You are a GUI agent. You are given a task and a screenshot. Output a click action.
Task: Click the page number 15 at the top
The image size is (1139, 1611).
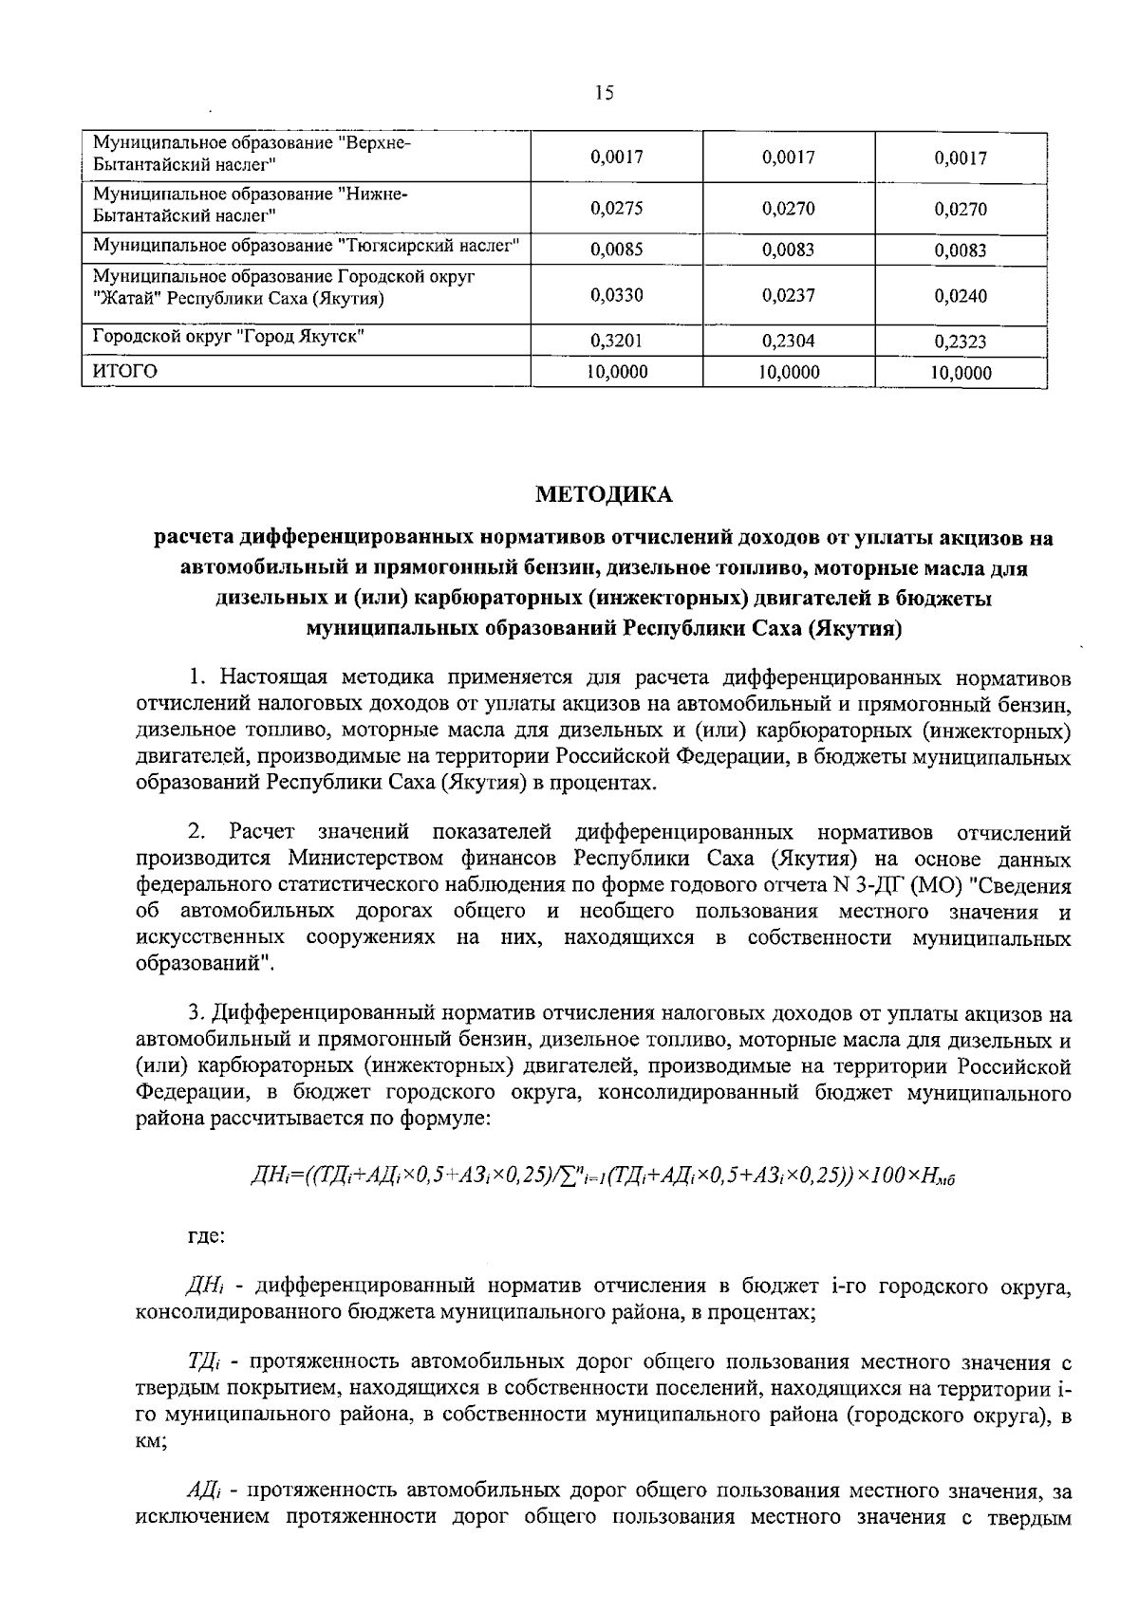[x=605, y=93]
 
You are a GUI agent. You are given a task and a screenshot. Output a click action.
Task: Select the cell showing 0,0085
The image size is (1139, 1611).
[x=616, y=250]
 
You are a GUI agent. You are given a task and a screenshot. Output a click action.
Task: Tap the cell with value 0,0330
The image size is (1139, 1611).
[x=616, y=295]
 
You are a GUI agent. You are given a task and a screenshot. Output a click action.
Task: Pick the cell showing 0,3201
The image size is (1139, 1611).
[x=616, y=341]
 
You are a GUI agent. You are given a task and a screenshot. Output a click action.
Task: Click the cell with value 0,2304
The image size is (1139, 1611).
[x=788, y=341]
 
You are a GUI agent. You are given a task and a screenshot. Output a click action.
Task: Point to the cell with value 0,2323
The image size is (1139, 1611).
[x=961, y=342]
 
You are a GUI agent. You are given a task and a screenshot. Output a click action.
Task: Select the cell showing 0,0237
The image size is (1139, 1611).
[x=788, y=295]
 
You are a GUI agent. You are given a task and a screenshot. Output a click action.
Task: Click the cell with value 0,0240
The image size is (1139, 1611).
[x=961, y=296]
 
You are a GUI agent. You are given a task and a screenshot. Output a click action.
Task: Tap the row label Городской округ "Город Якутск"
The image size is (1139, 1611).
[x=228, y=337]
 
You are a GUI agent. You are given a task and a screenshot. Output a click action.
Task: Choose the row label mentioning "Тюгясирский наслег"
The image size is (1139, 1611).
[x=306, y=246]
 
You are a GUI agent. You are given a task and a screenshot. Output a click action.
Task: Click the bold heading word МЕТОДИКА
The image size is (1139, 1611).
[x=604, y=494]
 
